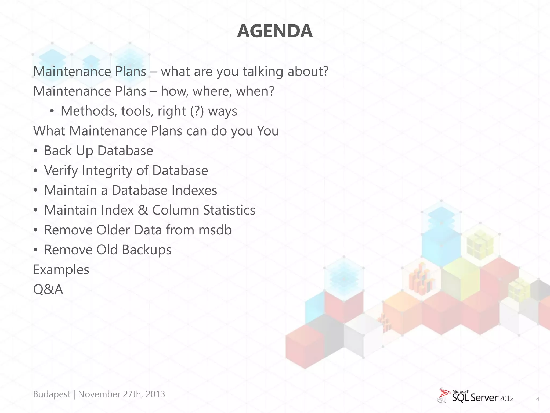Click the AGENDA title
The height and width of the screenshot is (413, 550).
tap(275, 31)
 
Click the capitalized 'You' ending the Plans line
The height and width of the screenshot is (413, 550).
tap(268, 131)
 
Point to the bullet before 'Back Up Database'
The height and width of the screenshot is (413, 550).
tap(36, 151)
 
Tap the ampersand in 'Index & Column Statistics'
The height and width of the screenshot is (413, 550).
tap(143, 210)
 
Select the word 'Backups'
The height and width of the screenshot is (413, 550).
tap(147, 250)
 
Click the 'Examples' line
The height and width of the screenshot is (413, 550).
tap(61, 270)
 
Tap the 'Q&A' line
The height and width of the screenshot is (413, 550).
tap(48, 290)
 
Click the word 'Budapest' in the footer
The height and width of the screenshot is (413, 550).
tap(52, 394)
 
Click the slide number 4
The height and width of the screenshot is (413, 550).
tap(537, 399)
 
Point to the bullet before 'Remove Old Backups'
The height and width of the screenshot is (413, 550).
tap(36, 250)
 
